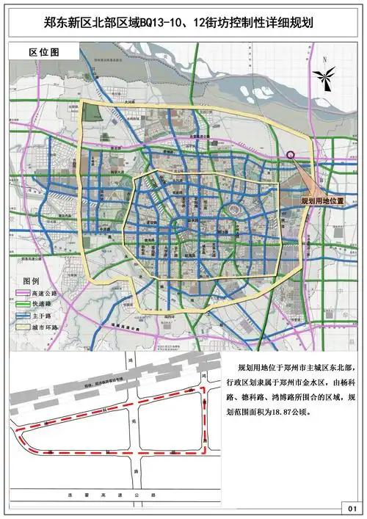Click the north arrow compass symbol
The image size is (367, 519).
click(324, 76)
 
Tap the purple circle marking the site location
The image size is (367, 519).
click(291, 155)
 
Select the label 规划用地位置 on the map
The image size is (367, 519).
click(324, 200)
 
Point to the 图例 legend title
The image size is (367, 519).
click(32, 281)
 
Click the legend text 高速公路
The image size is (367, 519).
click(45, 293)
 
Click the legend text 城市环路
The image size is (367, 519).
click(45, 325)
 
